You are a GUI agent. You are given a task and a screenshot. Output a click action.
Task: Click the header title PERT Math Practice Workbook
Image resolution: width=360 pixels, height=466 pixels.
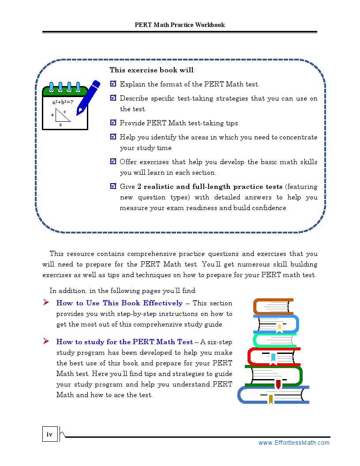click(180, 25)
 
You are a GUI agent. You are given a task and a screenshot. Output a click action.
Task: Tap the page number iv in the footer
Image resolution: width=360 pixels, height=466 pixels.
click(49, 435)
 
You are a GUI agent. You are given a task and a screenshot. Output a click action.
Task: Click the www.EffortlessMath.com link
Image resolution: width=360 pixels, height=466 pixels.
click(294, 443)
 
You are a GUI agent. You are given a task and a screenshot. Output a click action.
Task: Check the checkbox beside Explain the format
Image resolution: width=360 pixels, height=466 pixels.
click(113, 83)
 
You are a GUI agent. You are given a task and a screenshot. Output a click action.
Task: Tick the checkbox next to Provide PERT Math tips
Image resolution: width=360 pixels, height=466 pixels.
click(113, 123)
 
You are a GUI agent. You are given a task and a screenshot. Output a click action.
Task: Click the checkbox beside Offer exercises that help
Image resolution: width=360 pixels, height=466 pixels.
click(113, 162)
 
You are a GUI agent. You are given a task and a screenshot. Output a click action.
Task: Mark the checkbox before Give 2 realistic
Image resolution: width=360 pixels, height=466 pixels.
click(113, 186)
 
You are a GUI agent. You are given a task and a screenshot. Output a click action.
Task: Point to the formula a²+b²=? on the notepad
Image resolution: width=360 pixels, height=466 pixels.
click(63, 102)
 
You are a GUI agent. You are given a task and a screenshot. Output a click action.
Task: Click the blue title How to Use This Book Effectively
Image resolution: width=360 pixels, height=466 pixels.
click(119, 303)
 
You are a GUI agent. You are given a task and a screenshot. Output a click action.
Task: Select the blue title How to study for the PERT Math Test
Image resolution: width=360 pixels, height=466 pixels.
click(124, 342)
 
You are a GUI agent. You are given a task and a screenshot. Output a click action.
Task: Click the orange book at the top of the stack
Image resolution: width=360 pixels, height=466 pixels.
click(273, 306)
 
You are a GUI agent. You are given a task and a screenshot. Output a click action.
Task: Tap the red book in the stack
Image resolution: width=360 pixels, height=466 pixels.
click(274, 356)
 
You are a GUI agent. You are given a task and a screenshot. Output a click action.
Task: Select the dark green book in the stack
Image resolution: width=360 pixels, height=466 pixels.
click(274, 376)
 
